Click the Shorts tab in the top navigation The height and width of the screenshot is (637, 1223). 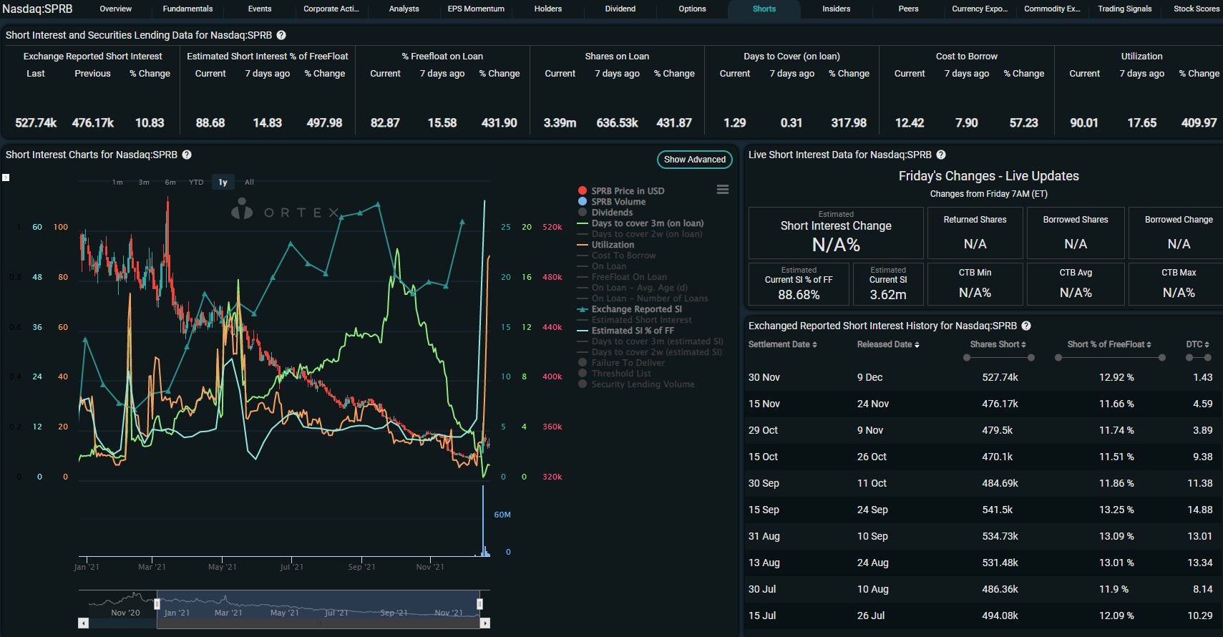click(x=764, y=9)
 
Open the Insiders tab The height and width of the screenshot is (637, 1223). click(x=836, y=9)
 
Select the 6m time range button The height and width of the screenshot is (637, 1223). click(x=170, y=183)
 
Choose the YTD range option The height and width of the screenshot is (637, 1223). click(x=196, y=183)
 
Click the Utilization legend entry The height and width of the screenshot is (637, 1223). click(x=612, y=245)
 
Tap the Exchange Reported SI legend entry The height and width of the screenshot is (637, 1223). click(x=636, y=309)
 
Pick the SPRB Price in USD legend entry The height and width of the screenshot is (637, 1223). click(x=627, y=191)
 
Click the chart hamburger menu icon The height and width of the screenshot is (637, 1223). click(x=723, y=190)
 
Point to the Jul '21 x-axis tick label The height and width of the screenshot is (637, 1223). click(x=291, y=567)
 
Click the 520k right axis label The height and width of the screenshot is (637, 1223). click(x=552, y=227)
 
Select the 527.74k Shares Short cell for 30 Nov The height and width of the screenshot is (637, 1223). click(x=1000, y=377)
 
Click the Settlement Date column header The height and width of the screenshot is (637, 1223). click(x=782, y=344)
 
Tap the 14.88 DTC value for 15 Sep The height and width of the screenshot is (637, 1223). click(x=1199, y=510)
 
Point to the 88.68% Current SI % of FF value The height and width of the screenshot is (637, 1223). click(x=799, y=295)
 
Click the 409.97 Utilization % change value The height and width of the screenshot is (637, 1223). click(x=1199, y=123)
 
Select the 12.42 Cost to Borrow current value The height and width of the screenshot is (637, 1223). click(x=909, y=123)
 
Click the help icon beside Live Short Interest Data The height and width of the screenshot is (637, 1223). click(x=941, y=155)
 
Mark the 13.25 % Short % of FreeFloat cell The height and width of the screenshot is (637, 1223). click(x=1116, y=510)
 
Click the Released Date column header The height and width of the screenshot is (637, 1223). click(x=887, y=344)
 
